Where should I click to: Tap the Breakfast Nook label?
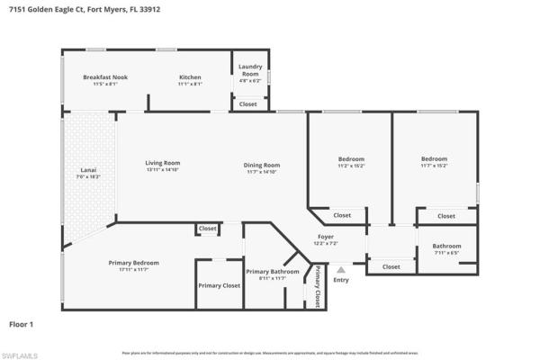[105, 77]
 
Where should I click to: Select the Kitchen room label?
[189, 77]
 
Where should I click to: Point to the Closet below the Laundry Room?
[247, 104]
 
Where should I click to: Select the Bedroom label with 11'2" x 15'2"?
[351, 159]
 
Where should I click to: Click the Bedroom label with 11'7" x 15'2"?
[434, 159]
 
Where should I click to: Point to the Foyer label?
[325, 237]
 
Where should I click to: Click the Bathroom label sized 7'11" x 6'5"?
[446, 246]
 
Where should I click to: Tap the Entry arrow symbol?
[340, 268]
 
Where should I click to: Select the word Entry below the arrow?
[340, 279]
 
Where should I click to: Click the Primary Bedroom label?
[133, 263]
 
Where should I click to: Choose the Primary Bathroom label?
[272, 271]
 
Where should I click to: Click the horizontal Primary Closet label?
[219, 285]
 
